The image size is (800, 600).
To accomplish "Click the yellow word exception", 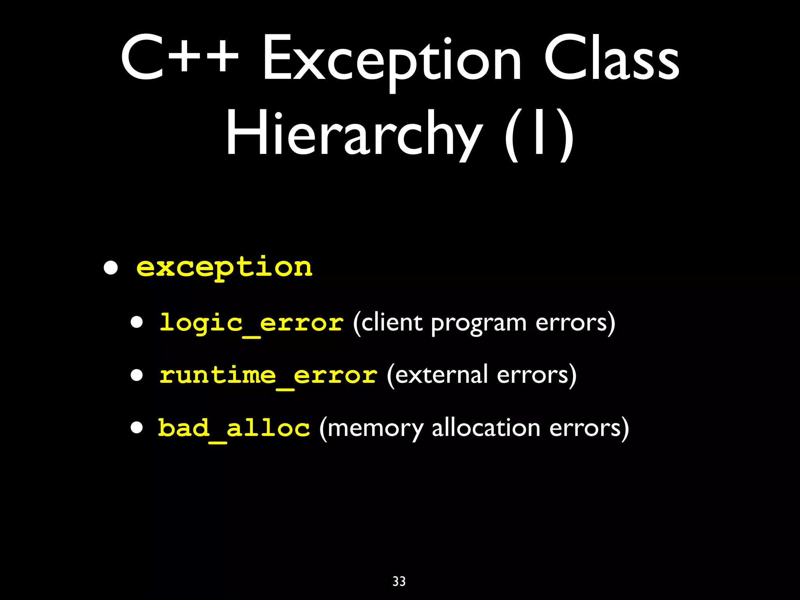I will coord(224,267).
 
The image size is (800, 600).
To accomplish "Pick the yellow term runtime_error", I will coord(268,375).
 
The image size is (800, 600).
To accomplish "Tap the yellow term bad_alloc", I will coord(234,428).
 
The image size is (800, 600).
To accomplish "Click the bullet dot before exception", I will coord(111,268).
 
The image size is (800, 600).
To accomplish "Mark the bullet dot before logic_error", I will coord(137,323).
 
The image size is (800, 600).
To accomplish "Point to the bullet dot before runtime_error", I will coord(137,375).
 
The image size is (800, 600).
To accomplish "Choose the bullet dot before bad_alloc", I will coord(137,427).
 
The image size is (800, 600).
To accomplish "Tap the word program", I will coord(479,324).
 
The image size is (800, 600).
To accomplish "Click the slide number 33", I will coord(399,581).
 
